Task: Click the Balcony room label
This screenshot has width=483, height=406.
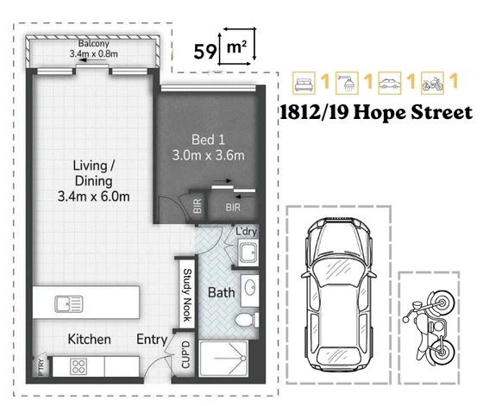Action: pyautogui.click(x=94, y=44)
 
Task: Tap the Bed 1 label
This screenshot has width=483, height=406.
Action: pyautogui.click(x=208, y=140)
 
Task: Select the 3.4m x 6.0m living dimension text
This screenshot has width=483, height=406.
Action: pyautogui.click(x=93, y=197)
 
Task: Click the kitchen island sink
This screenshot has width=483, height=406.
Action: pyautogui.click(x=69, y=303)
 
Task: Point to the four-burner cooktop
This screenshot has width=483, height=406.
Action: pyautogui.click(x=78, y=366)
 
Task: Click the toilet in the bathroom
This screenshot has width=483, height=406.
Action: pyautogui.click(x=247, y=320)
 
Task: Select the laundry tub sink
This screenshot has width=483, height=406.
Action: pyautogui.click(x=248, y=253)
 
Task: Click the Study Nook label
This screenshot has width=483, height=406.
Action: pyautogui.click(x=188, y=295)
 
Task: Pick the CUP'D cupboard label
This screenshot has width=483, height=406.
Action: pyautogui.click(x=186, y=354)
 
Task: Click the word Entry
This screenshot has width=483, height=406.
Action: pyautogui.click(x=152, y=340)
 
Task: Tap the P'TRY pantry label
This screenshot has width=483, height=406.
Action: pyautogui.click(x=41, y=367)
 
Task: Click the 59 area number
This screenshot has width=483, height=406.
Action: pyautogui.click(x=204, y=51)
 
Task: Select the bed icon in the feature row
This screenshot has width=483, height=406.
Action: pyautogui.click(x=304, y=83)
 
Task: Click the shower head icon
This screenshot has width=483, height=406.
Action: pyautogui.click(x=347, y=83)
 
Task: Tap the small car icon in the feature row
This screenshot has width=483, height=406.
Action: pyautogui.click(x=390, y=83)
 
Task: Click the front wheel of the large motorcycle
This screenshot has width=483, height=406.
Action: pyautogui.click(x=442, y=303)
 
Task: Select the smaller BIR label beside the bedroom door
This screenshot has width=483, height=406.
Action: pyautogui.click(x=198, y=206)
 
